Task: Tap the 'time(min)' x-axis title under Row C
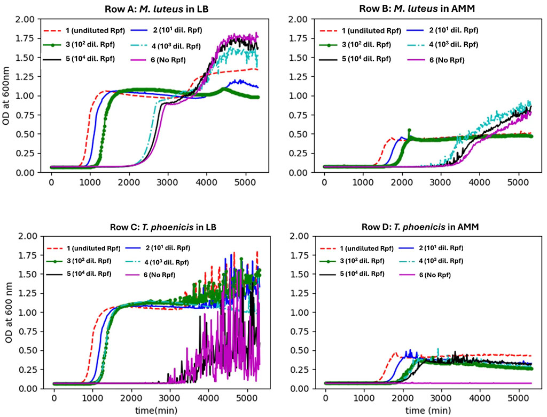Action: pyautogui.click(x=156, y=411)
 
